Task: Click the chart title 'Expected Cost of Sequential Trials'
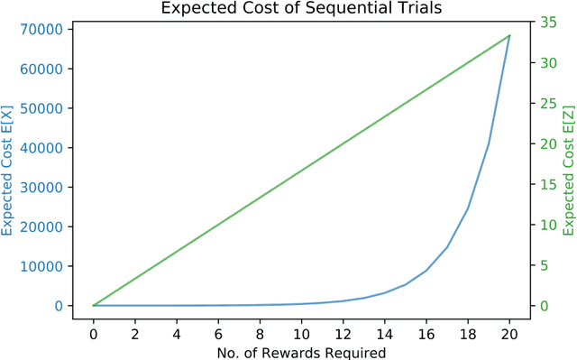[288, 9]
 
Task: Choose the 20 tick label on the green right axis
[546, 144]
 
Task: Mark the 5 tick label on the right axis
[543, 265]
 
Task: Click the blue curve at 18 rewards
[467, 209]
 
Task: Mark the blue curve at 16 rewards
[426, 271]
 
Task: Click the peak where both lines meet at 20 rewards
[508, 36]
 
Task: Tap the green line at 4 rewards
[177, 252]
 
